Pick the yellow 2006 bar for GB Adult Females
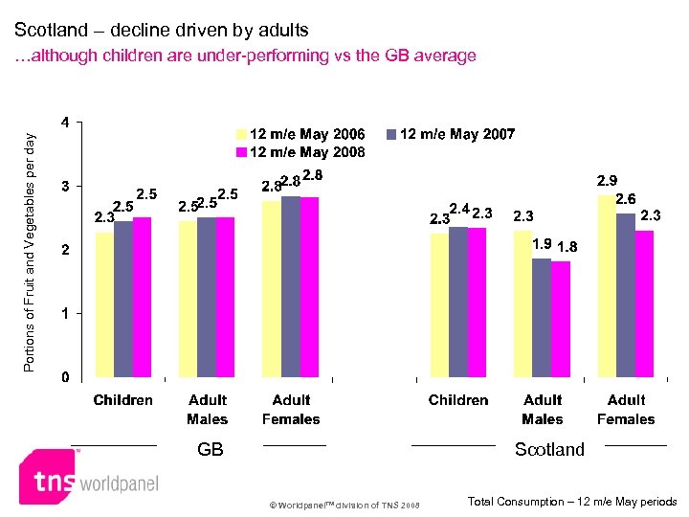[x=272, y=288]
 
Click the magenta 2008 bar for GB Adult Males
[x=226, y=297]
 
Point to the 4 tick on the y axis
[x=64, y=123]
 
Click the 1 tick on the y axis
[x=64, y=313]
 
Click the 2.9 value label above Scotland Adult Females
[x=608, y=180]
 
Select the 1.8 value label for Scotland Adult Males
[x=567, y=247]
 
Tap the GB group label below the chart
[x=210, y=449]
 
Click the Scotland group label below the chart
[x=549, y=449]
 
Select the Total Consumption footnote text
[x=572, y=502]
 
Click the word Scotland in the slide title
[x=50, y=31]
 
